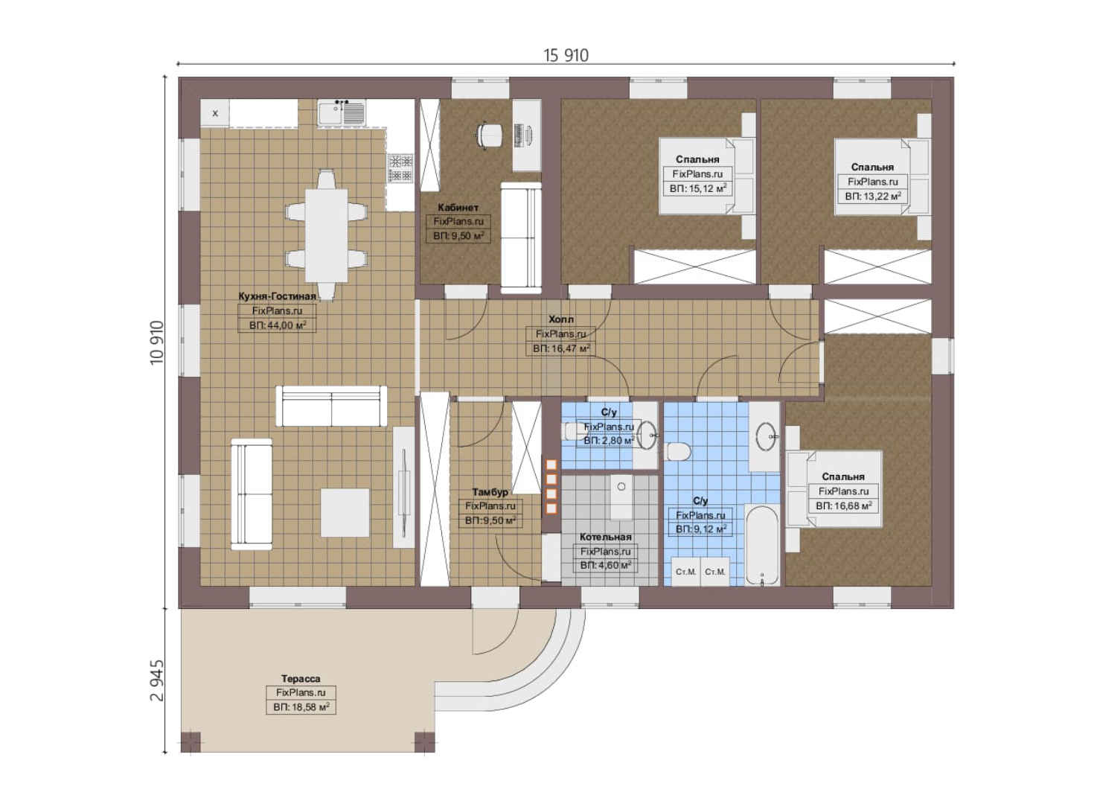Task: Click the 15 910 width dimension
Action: pyautogui.click(x=566, y=55)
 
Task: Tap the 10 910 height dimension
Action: pyautogui.click(x=157, y=342)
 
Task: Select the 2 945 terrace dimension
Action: pyautogui.click(x=157, y=681)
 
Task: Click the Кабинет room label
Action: pyautogui.click(x=458, y=208)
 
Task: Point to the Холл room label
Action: pyautogui.click(x=560, y=319)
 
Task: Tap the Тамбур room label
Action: pyautogui.click(x=490, y=491)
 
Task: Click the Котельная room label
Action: pyautogui.click(x=605, y=537)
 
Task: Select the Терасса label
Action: pyautogui.click(x=301, y=679)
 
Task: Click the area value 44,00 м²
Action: pyautogui.click(x=277, y=325)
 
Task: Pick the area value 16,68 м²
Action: pyautogui.click(x=843, y=505)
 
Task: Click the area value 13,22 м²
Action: pyautogui.click(x=873, y=197)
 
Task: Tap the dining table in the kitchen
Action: pyautogui.click(x=327, y=236)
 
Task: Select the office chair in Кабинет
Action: pyautogui.click(x=489, y=135)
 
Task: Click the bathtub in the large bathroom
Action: pyautogui.click(x=762, y=546)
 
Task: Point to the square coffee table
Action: pyautogui.click(x=345, y=512)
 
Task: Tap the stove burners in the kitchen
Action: pyautogui.click(x=400, y=168)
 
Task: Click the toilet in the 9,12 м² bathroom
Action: pyautogui.click(x=678, y=450)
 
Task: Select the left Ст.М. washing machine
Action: pyautogui.click(x=685, y=572)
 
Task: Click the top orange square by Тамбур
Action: pyautogui.click(x=551, y=465)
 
